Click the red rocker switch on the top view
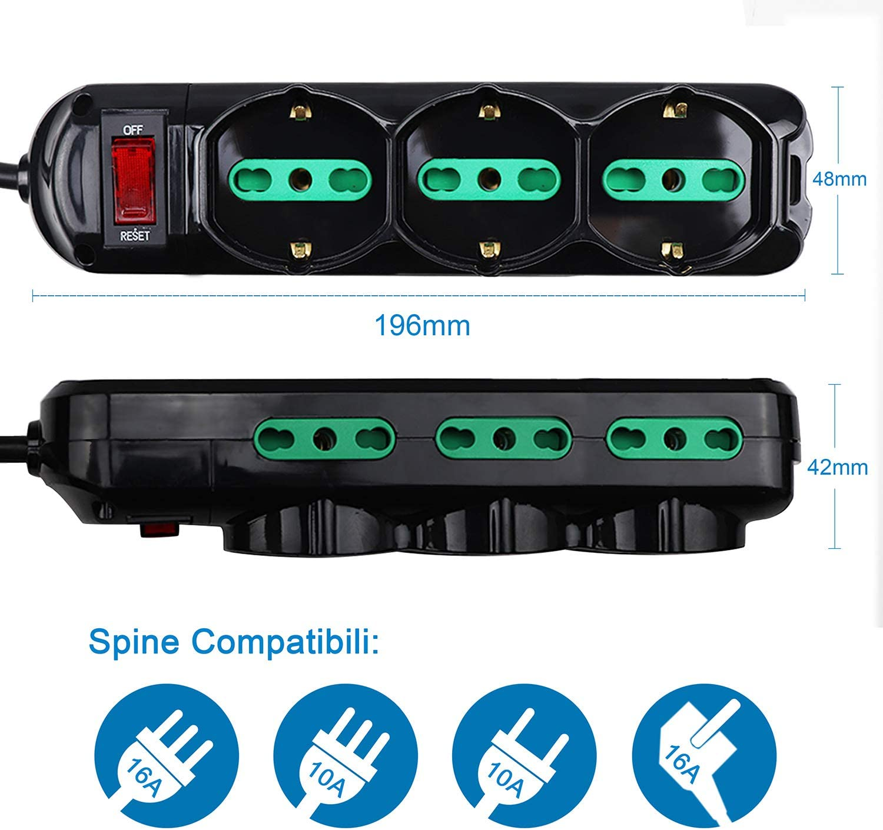(x=134, y=181)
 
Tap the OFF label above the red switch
(x=133, y=130)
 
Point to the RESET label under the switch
(x=135, y=235)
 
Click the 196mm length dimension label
(x=423, y=326)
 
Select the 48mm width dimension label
(x=839, y=179)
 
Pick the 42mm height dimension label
(x=837, y=468)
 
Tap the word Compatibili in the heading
(x=286, y=643)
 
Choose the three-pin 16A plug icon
(x=167, y=756)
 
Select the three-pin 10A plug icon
(x=346, y=756)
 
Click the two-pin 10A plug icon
(x=524, y=756)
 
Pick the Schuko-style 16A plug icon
(x=704, y=756)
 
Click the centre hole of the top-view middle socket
(x=489, y=179)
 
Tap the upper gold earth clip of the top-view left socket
(x=300, y=112)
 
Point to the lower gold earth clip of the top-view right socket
(x=672, y=252)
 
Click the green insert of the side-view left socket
(x=324, y=439)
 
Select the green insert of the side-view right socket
(x=675, y=439)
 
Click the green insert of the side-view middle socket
(x=504, y=439)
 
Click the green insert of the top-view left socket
(x=300, y=180)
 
